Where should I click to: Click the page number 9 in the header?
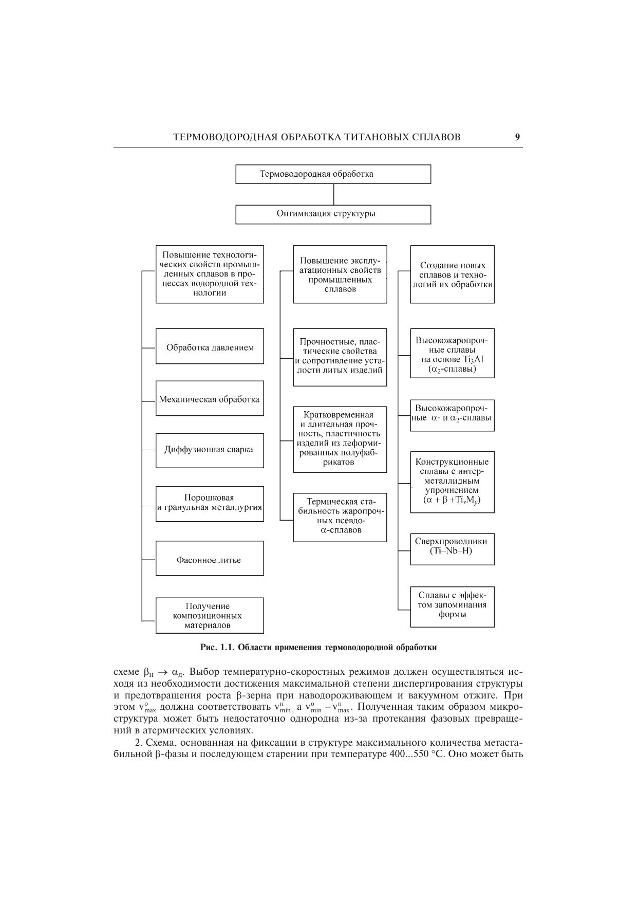click(x=517, y=137)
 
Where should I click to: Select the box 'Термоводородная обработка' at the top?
click(x=333, y=174)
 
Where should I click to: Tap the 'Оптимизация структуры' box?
click(x=333, y=214)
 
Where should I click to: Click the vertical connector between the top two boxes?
click(x=333, y=194)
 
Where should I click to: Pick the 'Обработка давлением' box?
click(x=210, y=346)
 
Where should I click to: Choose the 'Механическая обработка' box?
click(x=210, y=398)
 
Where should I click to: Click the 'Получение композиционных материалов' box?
click(x=210, y=615)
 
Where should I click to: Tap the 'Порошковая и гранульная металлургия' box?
click(x=210, y=504)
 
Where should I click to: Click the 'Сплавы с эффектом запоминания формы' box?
click(x=452, y=606)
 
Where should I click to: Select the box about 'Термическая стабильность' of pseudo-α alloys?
click(x=340, y=518)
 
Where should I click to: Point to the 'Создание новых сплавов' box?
click(x=452, y=274)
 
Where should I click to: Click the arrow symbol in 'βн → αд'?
click(x=162, y=672)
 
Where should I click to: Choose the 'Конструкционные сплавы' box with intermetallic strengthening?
click(x=452, y=482)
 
